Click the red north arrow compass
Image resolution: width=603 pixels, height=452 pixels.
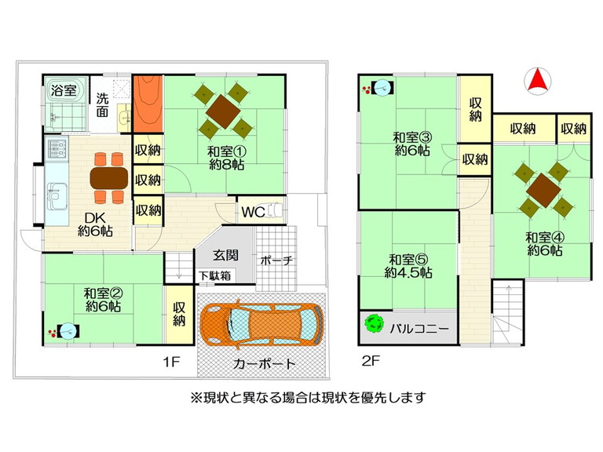(538, 81)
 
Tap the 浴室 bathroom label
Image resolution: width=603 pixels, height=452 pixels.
(64, 91)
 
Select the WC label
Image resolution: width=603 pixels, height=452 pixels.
(253, 211)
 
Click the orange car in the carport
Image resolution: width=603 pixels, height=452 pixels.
(261, 326)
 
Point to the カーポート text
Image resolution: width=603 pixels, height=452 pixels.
(264, 363)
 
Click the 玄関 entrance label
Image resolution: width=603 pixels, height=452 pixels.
(226, 255)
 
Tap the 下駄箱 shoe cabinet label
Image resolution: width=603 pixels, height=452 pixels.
(215, 275)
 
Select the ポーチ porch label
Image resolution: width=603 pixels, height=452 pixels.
(276, 261)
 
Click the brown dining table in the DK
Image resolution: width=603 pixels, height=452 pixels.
(109, 178)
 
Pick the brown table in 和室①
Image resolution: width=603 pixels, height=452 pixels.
(223, 111)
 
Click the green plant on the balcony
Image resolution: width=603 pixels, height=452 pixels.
(374, 324)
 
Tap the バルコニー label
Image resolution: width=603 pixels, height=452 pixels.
(419, 329)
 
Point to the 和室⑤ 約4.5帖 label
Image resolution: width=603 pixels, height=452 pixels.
(408, 265)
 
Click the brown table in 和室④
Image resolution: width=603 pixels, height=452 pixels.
(544, 190)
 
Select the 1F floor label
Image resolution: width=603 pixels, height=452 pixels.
(171, 361)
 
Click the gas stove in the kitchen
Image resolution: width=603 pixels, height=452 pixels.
(57, 149)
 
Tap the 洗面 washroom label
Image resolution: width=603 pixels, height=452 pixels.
(102, 104)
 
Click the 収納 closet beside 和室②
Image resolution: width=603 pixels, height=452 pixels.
(179, 314)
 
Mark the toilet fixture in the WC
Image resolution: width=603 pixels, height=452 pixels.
(277, 211)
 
